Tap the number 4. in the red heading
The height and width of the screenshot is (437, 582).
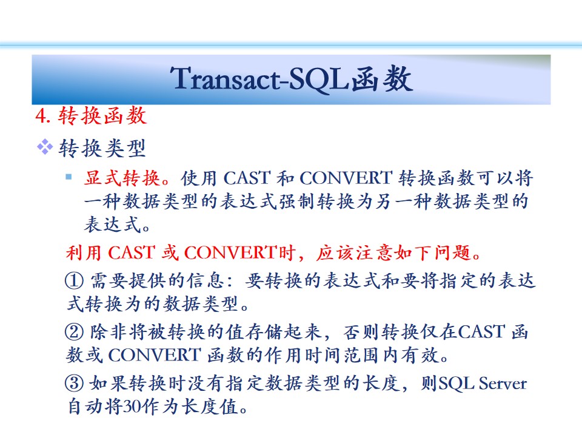pos(42,115)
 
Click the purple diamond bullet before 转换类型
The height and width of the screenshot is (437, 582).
pos(44,147)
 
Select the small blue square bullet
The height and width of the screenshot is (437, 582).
pos(69,177)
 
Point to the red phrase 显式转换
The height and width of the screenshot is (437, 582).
pos(122,178)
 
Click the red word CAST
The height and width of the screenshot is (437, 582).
pos(132,252)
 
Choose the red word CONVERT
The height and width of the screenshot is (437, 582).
pos(231,252)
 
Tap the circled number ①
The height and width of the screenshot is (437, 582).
pos(74,280)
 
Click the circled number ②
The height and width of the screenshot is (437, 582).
pos(74,331)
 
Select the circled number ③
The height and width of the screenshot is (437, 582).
pos(74,383)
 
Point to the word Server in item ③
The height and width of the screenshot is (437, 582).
pos(503,384)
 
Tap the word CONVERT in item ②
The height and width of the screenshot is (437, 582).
pos(155,355)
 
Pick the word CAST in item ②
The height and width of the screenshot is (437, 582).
pos(481,331)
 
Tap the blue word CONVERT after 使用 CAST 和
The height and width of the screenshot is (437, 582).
pos(346,178)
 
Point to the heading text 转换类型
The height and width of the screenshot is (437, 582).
pos(102,148)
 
